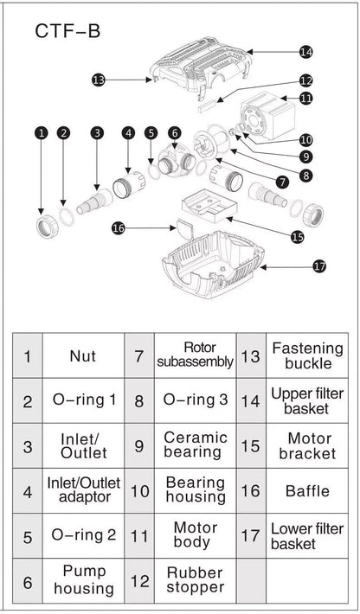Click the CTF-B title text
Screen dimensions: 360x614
(67, 31)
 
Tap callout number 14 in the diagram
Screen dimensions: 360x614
(306, 52)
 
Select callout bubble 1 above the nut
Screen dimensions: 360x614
(41, 133)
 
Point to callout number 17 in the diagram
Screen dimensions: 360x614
(319, 266)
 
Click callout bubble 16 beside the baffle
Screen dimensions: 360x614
(119, 228)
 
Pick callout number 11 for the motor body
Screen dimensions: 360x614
(306, 98)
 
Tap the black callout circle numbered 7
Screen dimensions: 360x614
(281, 182)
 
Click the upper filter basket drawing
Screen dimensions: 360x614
(201, 67)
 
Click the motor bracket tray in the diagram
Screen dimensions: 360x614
(208, 206)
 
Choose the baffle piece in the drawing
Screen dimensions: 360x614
(184, 228)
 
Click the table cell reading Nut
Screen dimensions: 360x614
(83, 356)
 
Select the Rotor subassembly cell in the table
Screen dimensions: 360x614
(195, 356)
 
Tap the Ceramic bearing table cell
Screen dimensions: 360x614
(195, 445)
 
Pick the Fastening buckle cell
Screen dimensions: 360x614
(307, 356)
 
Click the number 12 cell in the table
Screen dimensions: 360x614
(139, 581)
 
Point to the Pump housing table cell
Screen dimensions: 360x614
(83, 581)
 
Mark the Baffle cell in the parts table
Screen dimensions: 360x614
(307, 491)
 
